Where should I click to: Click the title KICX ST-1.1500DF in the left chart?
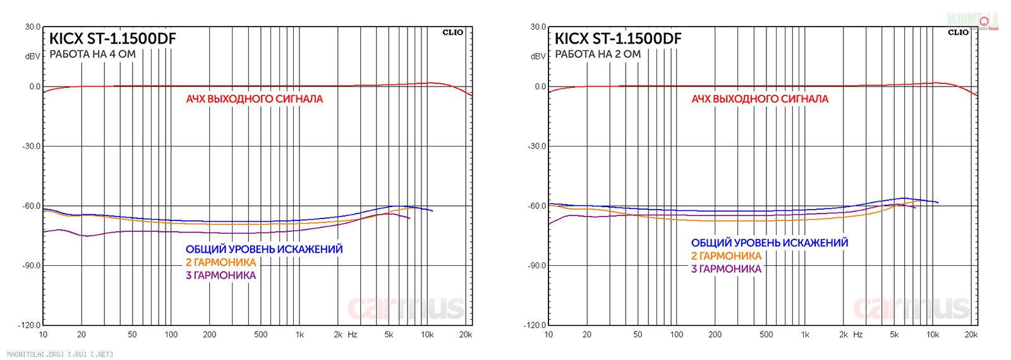coord(112,39)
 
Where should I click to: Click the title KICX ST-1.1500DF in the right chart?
coord(618,39)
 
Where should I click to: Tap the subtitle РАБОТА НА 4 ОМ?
coord(92,54)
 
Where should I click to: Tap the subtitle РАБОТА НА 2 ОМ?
coord(598,54)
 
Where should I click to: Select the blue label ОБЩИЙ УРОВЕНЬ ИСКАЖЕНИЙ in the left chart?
coord(264,249)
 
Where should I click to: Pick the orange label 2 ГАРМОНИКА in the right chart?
coord(726,256)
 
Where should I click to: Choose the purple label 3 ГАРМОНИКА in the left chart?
coord(221,275)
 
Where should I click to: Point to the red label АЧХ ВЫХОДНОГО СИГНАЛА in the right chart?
coord(760,99)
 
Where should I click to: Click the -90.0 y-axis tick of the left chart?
coord(32,266)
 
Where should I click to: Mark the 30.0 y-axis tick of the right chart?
coord(538,27)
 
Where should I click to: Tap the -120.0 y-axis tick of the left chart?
coord(30,325)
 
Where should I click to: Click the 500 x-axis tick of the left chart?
coord(260,335)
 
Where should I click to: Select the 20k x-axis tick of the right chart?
coord(971,335)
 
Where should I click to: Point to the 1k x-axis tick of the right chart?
coord(805,335)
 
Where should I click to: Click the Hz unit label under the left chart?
coord(353,335)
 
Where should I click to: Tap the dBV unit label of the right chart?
coord(538,56)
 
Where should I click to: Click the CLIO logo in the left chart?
coord(452,32)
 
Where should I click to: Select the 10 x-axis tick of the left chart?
coord(43,335)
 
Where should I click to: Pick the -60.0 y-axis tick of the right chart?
coord(537,206)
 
